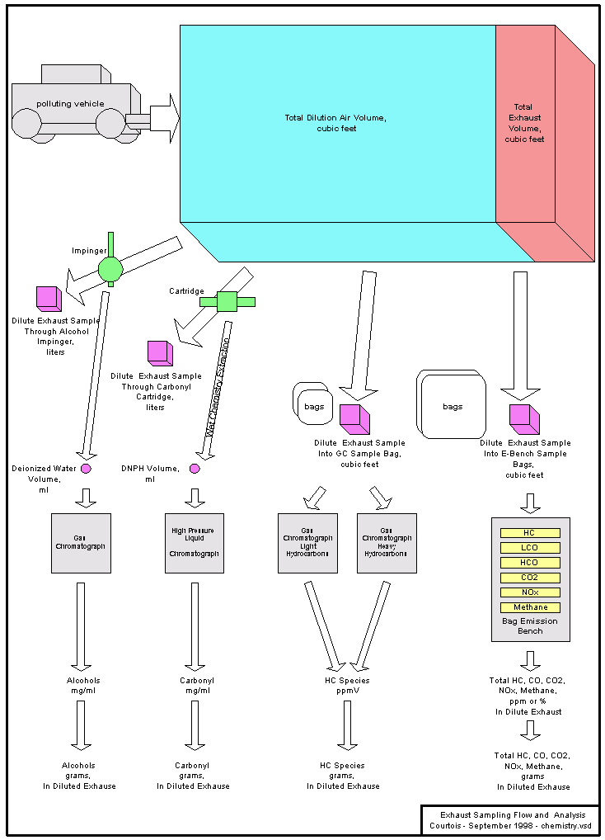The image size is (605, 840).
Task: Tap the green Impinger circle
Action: pyautogui.click(x=110, y=268)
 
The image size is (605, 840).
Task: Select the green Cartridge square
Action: pyautogui.click(x=227, y=301)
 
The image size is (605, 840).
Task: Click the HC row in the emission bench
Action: pyautogui.click(x=530, y=533)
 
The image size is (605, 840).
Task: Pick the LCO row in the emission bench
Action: pyautogui.click(x=530, y=548)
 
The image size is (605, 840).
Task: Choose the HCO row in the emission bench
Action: pyautogui.click(x=530, y=563)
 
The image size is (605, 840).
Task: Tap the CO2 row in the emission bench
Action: pyautogui.click(x=530, y=578)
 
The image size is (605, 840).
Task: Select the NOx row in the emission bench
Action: pyautogui.click(x=530, y=592)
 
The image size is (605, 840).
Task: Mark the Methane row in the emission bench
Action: pyautogui.click(x=530, y=607)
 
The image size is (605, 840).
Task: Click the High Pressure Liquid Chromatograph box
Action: pyautogui.click(x=195, y=543)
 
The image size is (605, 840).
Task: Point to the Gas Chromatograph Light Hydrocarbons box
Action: pyautogui.click(x=307, y=543)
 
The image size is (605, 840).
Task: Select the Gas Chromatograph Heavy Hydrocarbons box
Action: pyautogui.click(x=387, y=543)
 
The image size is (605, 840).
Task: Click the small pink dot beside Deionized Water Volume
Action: pyautogui.click(x=86, y=469)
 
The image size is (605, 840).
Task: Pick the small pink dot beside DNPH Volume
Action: pyautogui.click(x=195, y=469)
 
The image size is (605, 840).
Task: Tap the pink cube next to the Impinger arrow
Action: pyautogui.click(x=48, y=298)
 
